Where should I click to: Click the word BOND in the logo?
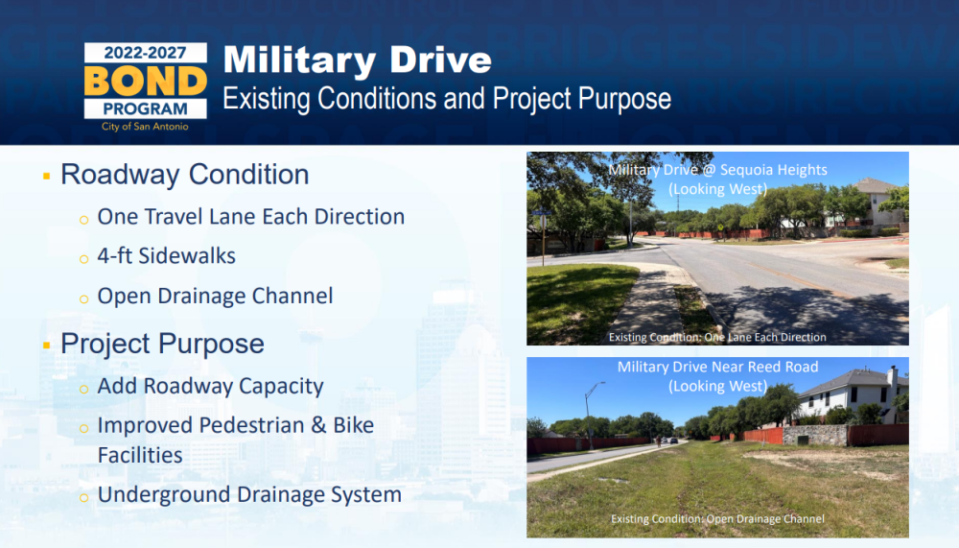tap(146, 81)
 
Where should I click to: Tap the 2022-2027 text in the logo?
tap(145, 53)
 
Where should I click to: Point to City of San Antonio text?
tap(145, 126)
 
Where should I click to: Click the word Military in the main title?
tap(299, 60)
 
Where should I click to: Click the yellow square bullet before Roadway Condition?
tap(46, 177)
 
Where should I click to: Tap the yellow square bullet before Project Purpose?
tap(46, 345)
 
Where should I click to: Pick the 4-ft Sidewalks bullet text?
tap(166, 256)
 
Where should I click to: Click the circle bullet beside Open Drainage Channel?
tap(83, 298)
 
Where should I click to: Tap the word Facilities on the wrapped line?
tap(140, 455)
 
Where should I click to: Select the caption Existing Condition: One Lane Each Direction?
tap(717, 337)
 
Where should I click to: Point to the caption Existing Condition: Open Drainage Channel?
tap(717, 518)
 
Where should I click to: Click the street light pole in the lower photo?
tap(590, 417)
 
